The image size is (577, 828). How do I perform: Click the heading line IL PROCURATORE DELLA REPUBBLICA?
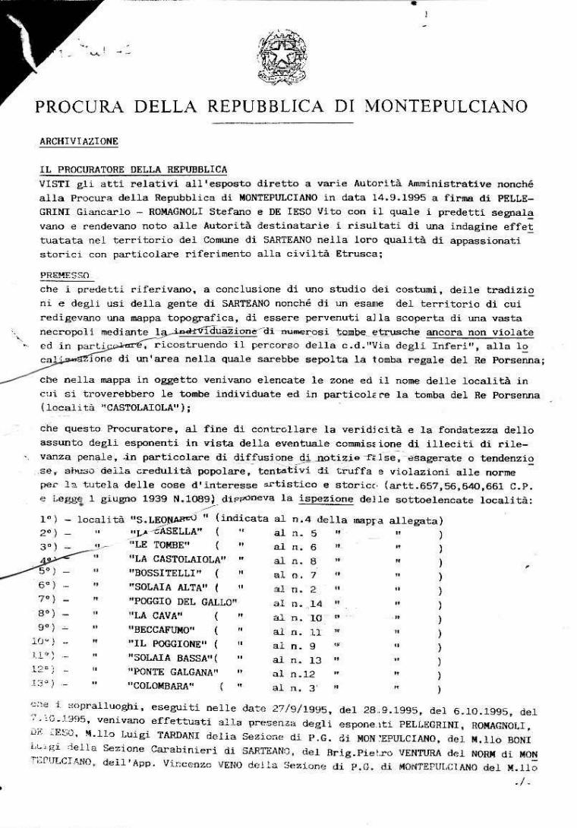[133, 169]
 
